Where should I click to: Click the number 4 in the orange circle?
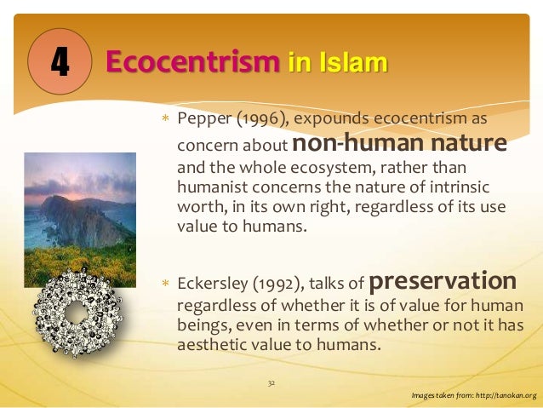coord(59,63)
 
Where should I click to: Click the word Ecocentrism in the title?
coord(192,62)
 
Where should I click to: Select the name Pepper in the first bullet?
coord(200,118)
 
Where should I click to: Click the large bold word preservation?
coord(443,281)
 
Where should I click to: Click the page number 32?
coord(271,383)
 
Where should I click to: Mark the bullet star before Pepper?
coord(167,118)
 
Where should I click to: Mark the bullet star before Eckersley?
coord(167,284)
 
